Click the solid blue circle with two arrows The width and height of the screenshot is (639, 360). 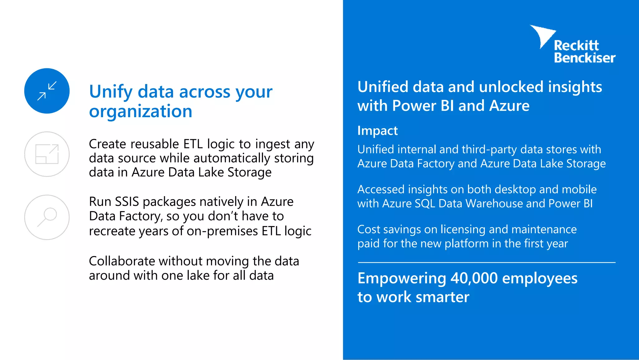(x=47, y=91)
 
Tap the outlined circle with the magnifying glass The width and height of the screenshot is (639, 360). (x=47, y=217)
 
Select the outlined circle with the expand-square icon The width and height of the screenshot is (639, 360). (x=47, y=154)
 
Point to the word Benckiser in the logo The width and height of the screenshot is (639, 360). (x=584, y=58)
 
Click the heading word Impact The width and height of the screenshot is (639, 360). (x=377, y=131)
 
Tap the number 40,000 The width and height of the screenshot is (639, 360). (x=474, y=278)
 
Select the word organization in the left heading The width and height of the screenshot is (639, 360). (x=140, y=111)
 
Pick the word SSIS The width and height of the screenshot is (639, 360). (x=127, y=202)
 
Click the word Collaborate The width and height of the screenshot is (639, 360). (x=122, y=261)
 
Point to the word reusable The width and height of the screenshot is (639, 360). (x=155, y=144)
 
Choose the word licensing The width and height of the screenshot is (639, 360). (x=463, y=229)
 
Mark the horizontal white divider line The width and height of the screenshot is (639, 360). (x=486, y=263)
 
